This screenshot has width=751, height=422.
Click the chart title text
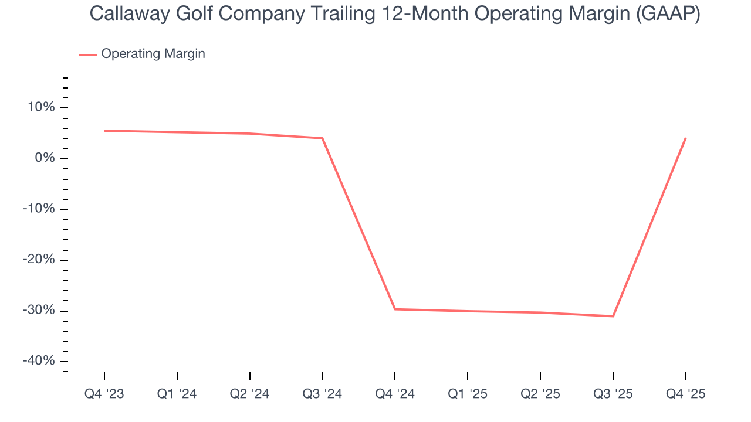(x=395, y=14)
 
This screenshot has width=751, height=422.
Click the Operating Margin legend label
(x=153, y=54)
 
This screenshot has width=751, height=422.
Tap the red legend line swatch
(x=88, y=55)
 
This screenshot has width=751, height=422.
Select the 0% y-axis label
(x=44, y=158)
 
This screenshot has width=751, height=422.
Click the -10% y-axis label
(x=39, y=209)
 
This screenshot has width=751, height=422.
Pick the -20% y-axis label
(x=39, y=260)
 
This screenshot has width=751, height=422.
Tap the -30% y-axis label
(x=39, y=311)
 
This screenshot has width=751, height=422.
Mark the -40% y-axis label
(x=39, y=361)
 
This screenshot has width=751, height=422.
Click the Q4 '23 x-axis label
(x=104, y=394)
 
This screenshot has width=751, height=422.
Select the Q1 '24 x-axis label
(x=177, y=394)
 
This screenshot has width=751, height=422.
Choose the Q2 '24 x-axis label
(x=250, y=394)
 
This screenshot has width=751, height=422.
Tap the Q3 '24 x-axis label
(x=322, y=394)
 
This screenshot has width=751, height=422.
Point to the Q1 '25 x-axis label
(x=468, y=394)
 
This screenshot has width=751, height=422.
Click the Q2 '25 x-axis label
(x=540, y=394)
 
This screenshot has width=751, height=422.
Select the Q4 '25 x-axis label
(x=685, y=394)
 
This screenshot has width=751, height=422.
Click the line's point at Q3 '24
(x=322, y=138)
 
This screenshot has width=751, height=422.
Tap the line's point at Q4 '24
(x=395, y=309)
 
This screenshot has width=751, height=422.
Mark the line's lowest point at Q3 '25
(x=613, y=316)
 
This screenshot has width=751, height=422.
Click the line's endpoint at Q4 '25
(x=685, y=138)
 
